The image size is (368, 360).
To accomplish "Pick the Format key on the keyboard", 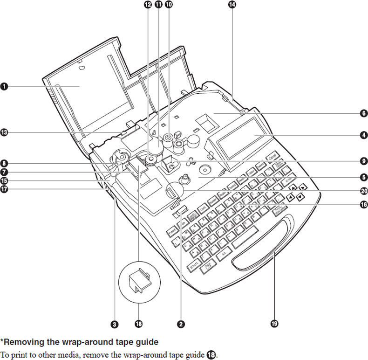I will click(172, 230).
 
